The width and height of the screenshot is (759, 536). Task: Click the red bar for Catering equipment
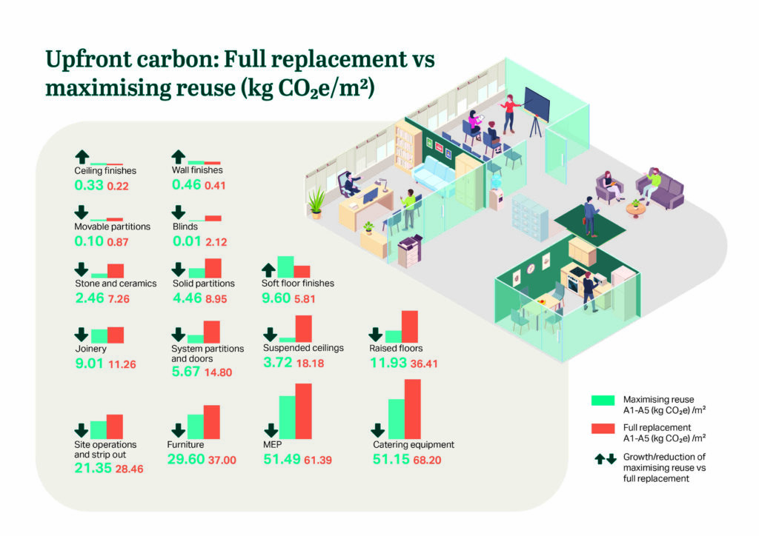[412, 408]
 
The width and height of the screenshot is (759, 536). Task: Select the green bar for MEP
[287, 417]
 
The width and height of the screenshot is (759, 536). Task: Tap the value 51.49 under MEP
[279, 460]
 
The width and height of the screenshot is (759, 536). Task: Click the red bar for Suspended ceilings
[303, 328]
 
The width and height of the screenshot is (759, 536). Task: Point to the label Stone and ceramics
[116, 284]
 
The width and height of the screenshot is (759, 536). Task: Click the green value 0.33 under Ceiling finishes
[87, 185]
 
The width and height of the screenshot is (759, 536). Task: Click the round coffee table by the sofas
[634, 209]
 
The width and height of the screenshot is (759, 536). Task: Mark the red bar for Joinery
[116, 335]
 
